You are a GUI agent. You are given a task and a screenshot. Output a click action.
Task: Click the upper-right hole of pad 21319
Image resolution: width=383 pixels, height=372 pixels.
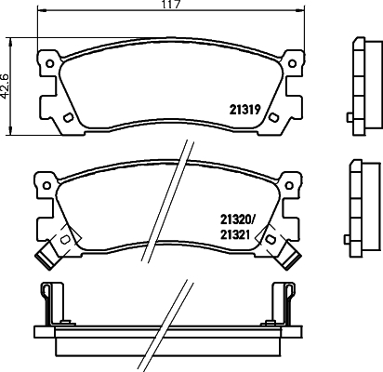click(x=293, y=63)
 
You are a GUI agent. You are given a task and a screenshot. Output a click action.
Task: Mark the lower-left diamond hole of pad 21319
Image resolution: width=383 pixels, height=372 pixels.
click(x=69, y=117)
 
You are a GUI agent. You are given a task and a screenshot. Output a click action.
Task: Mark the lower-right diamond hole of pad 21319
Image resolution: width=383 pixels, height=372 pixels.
click(x=275, y=117)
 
